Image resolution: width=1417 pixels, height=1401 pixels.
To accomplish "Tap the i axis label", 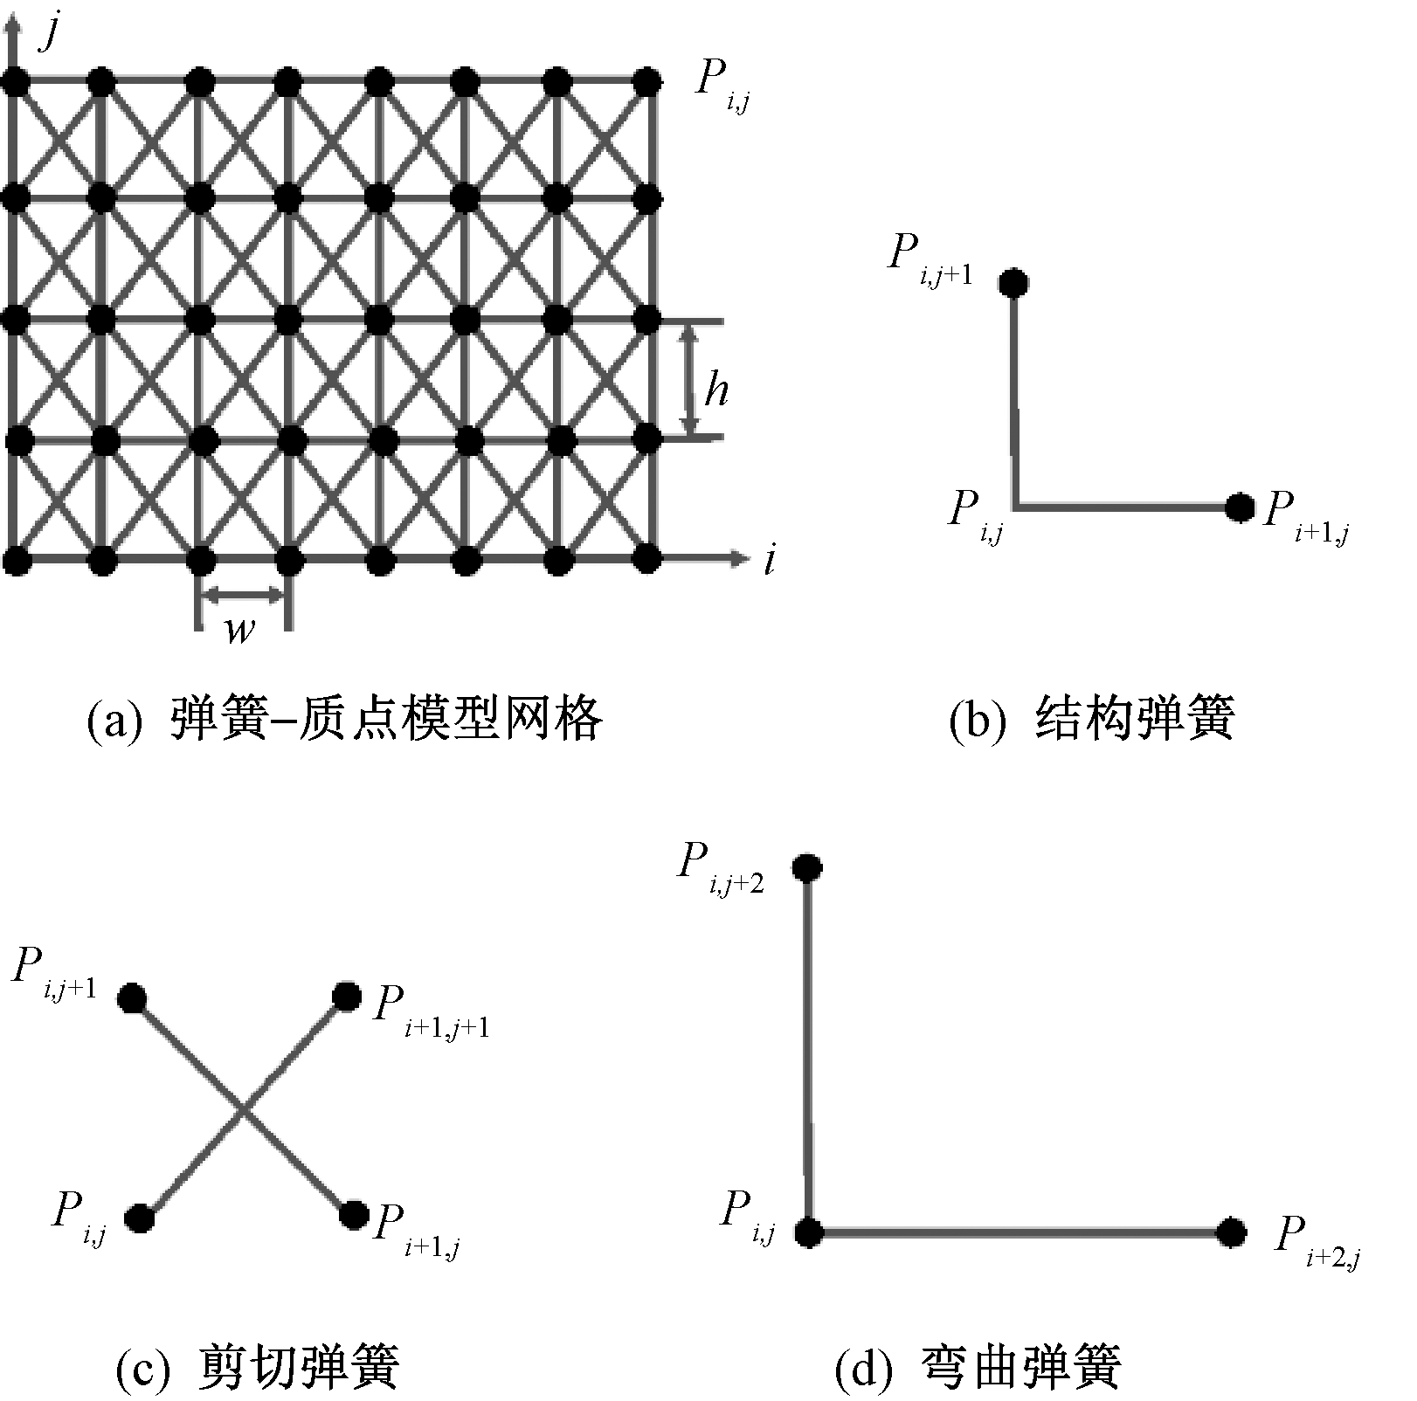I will [x=769, y=560].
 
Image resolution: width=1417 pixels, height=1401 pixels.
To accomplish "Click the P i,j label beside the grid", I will [x=722, y=87].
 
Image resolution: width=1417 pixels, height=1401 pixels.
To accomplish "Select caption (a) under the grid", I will [x=344, y=720].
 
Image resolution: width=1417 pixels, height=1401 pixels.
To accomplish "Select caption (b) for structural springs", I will [x=1091, y=720].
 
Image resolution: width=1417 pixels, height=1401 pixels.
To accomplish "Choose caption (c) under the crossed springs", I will [x=258, y=1366].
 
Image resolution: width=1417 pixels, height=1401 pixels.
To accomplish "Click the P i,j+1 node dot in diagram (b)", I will [x=1014, y=282].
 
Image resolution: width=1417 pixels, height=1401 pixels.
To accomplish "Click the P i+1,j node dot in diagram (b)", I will [x=1239, y=507].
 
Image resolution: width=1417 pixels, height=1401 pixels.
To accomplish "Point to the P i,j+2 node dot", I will [x=806, y=867].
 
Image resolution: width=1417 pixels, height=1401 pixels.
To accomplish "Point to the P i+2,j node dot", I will [x=1232, y=1232].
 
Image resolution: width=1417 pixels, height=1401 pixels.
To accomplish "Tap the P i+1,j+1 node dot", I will [x=347, y=996].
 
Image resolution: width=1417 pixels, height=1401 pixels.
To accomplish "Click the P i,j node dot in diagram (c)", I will [x=140, y=1217].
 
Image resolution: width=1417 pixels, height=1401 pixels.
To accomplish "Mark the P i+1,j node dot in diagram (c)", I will [x=354, y=1214].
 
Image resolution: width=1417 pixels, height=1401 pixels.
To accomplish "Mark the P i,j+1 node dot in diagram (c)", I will [x=132, y=997].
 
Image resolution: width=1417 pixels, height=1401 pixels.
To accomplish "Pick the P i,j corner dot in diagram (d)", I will [x=809, y=1232].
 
